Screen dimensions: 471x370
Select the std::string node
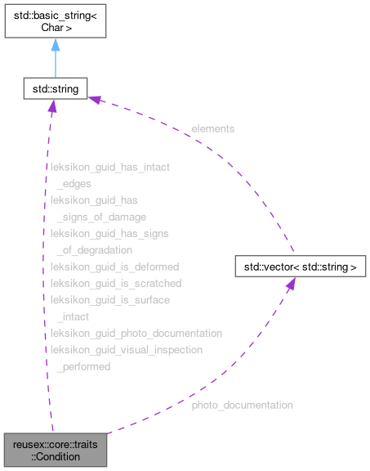[x=55, y=87]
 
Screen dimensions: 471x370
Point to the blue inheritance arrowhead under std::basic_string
[x=55, y=46]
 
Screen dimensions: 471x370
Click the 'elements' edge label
[x=213, y=128]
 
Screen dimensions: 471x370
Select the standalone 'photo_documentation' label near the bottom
[x=242, y=405]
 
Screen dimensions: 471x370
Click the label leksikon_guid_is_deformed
[x=114, y=267]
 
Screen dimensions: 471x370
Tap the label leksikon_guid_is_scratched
[x=116, y=283]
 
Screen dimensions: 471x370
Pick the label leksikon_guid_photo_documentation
[x=136, y=334]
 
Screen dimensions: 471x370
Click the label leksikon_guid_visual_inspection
[x=127, y=350]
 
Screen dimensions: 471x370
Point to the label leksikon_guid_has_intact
[x=110, y=167]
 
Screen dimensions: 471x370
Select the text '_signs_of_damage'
[x=100, y=217]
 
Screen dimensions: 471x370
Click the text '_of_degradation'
[x=94, y=250]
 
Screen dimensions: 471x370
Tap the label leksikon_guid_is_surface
[x=110, y=300]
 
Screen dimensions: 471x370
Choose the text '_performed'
[x=82, y=367]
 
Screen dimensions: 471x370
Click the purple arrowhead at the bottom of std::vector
[x=290, y=285]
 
